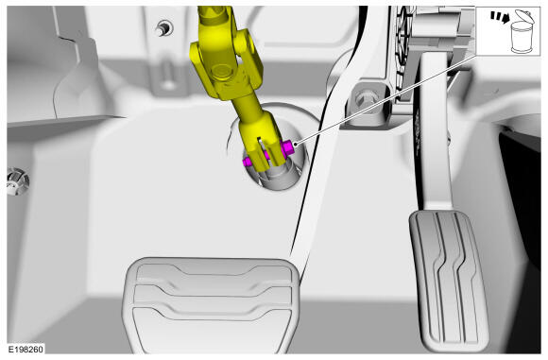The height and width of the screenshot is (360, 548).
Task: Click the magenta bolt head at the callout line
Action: (x=287, y=148)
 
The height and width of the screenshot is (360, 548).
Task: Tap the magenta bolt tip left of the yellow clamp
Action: (x=248, y=162)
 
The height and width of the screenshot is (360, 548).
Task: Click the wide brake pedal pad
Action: (x=211, y=305)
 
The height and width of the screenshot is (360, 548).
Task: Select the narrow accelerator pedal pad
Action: (x=449, y=281)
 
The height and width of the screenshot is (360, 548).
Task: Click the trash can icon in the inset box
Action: (x=522, y=32)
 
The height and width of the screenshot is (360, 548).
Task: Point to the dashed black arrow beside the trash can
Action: (x=499, y=17)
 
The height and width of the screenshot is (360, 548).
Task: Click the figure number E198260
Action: (x=26, y=349)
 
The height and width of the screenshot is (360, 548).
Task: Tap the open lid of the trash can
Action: (x=525, y=16)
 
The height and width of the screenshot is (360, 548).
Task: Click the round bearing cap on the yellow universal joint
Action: (x=220, y=71)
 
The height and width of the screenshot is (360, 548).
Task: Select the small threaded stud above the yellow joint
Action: (x=163, y=27)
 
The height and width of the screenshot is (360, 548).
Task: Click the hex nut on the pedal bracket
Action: (x=365, y=98)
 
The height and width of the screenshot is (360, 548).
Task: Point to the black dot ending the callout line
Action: (x=296, y=144)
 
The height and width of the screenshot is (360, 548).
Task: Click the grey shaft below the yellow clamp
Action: (x=279, y=176)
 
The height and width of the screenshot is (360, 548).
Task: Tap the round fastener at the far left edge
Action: (x=17, y=181)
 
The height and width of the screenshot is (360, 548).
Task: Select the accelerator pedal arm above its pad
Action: (x=434, y=129)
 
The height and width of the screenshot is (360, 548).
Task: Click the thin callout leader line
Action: (x=385, y=99)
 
